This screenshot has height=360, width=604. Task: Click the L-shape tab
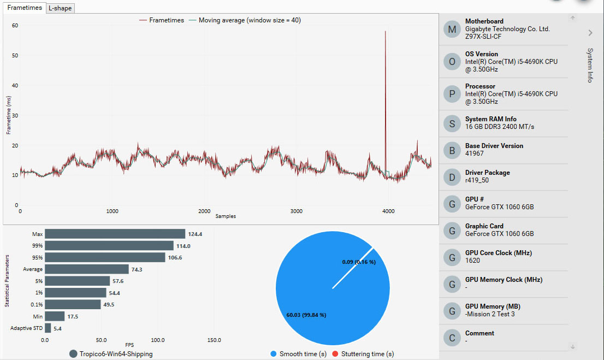point(60,8)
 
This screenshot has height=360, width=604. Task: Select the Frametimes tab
point(25,8)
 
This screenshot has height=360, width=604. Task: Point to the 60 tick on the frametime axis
point(15,25)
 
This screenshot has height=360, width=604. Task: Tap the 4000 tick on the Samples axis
point(388,211)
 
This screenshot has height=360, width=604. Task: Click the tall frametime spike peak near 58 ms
point(386,32)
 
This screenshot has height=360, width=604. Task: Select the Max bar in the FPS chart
point(115,234)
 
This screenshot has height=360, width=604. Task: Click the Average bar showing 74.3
point(86,269)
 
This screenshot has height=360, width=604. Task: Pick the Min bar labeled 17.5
point(55,316)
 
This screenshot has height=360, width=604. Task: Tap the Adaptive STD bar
point(48,328)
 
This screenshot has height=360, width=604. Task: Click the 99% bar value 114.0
point(183,246)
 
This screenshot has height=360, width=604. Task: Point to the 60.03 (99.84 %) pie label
point(306,315)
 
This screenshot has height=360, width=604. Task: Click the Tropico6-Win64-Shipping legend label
point(116,354)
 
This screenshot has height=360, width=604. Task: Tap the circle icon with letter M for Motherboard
point(452,29)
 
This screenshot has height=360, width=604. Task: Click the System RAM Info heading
point(490,119)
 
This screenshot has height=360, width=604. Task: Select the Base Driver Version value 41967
point(475,154)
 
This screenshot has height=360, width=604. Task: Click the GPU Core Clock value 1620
point(472,261)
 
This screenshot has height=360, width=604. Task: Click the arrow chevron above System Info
point(590,33)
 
